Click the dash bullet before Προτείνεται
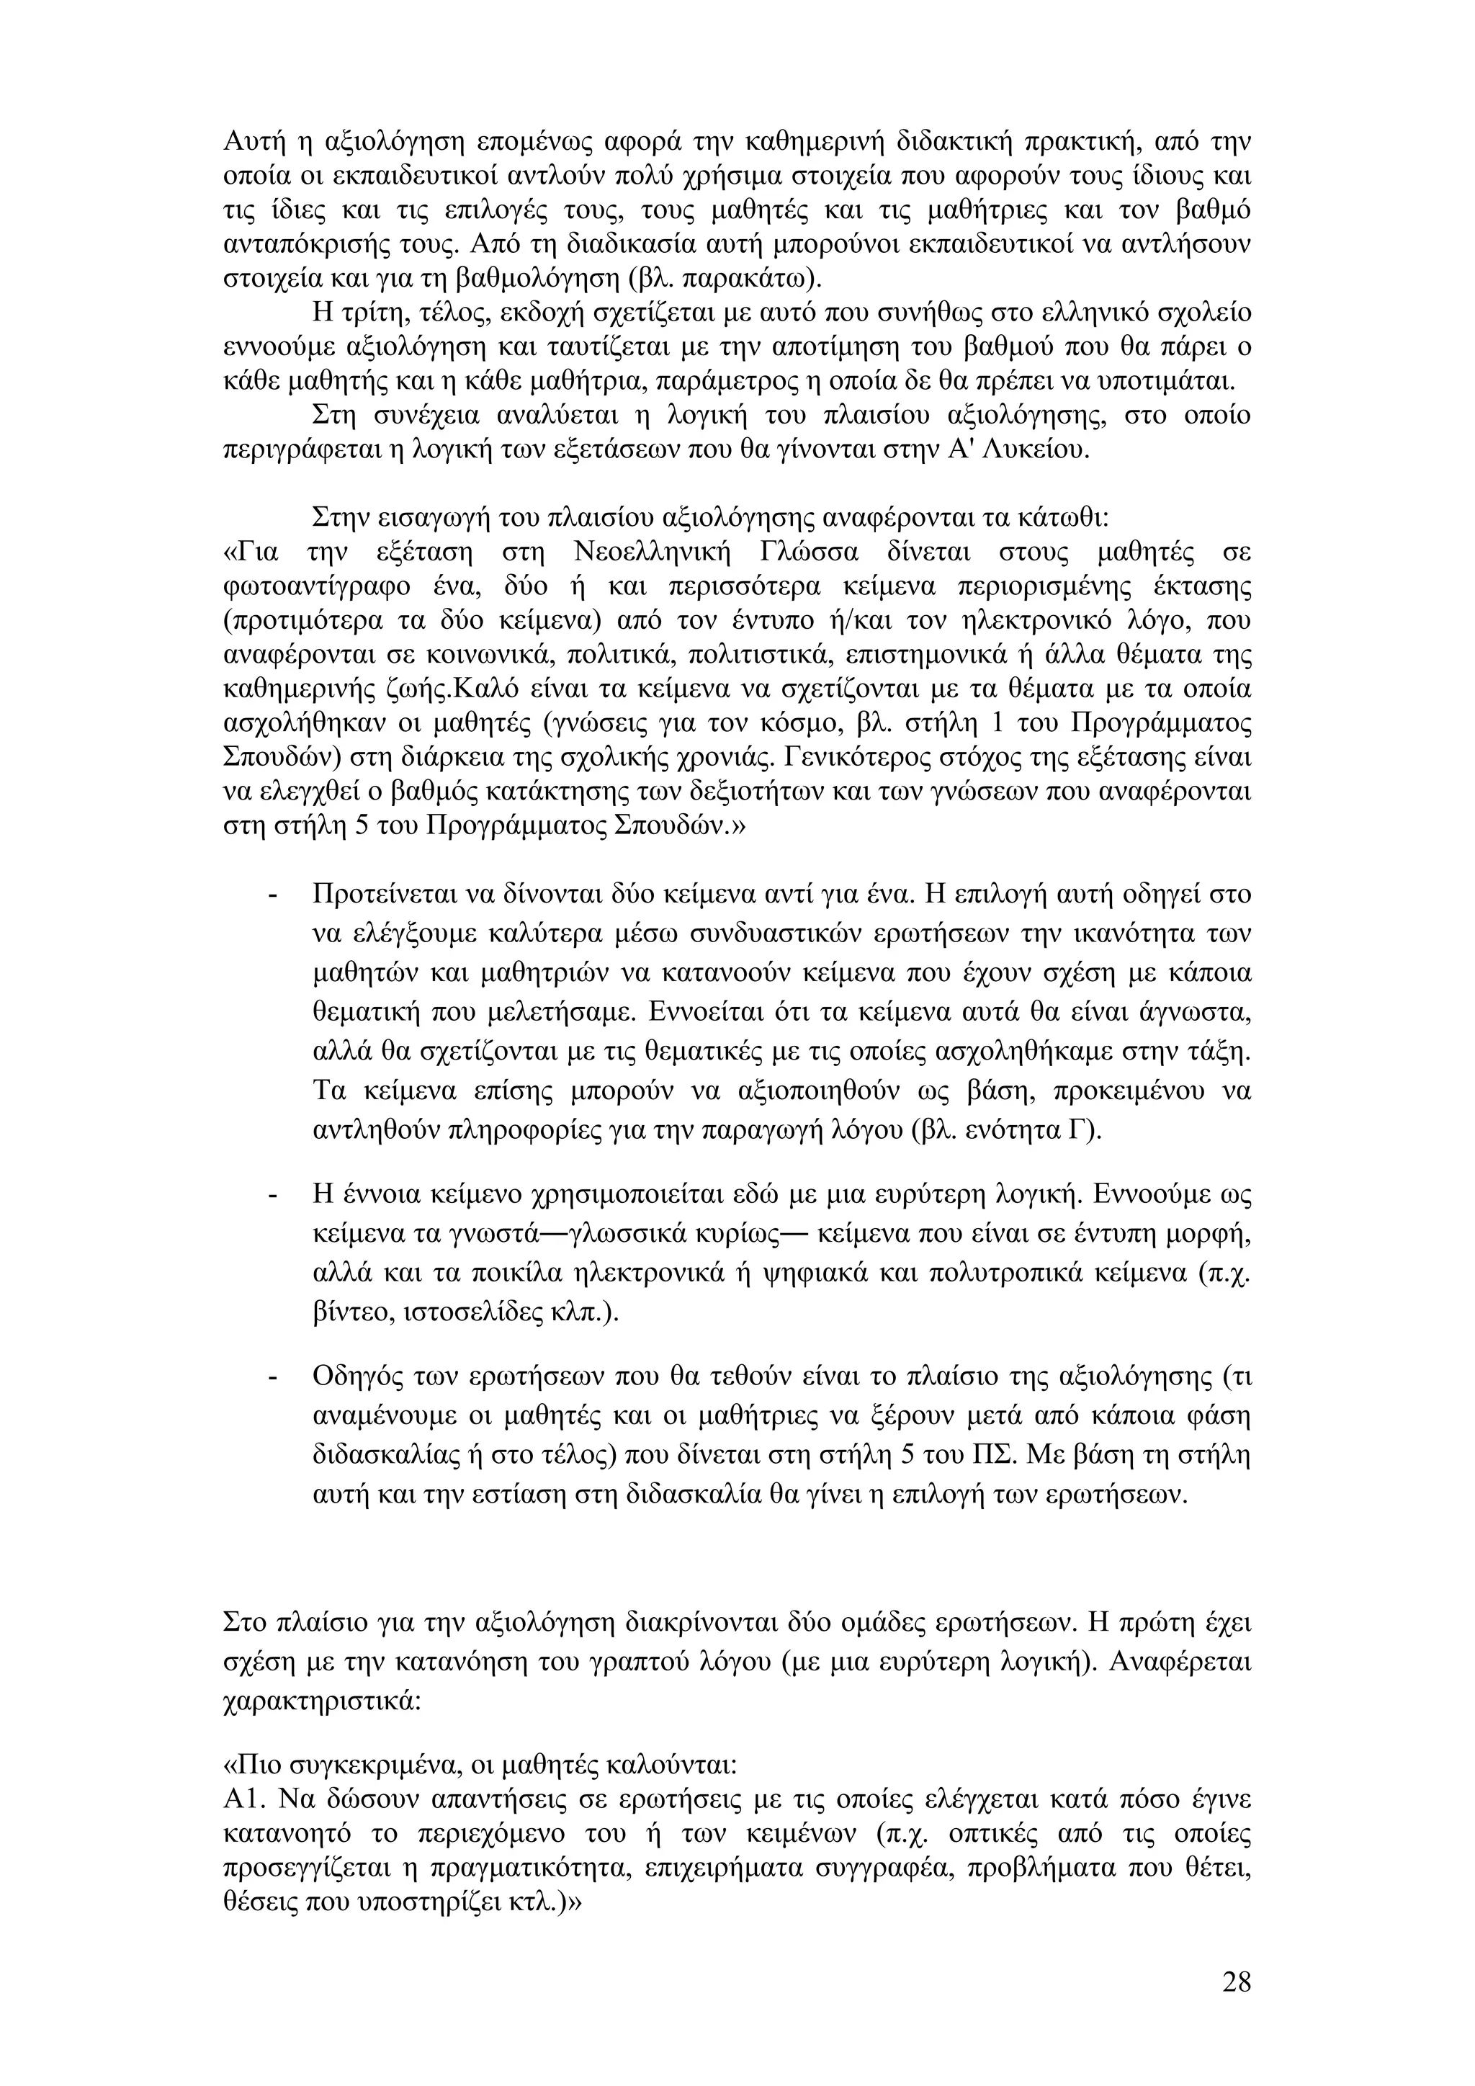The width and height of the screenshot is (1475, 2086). tap(271, 895)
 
